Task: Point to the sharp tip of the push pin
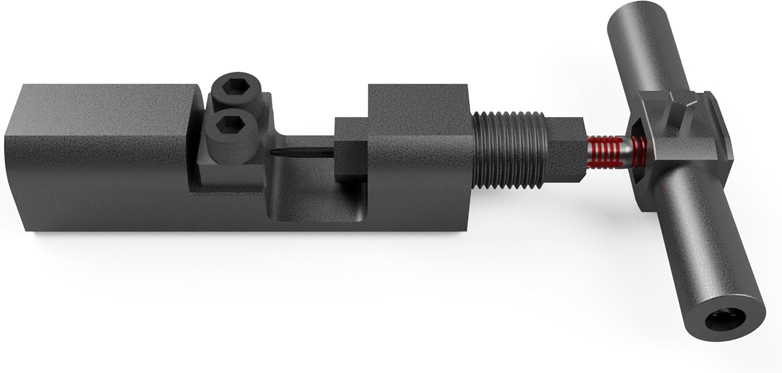tap(272, 153)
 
